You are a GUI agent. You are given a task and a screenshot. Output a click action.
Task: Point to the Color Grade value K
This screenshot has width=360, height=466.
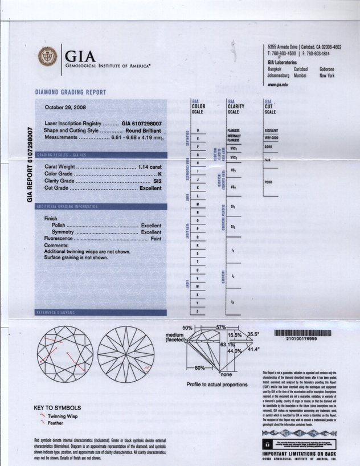coord(161,173)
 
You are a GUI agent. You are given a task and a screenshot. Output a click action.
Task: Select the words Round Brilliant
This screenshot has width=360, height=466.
coord(144,130)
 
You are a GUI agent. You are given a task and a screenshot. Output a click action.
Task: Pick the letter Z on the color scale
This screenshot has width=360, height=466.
coord(197,312)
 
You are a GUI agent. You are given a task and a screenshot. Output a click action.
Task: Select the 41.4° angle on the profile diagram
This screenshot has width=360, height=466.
coord(252,349)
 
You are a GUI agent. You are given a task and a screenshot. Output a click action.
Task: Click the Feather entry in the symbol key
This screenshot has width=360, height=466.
coord(56,423)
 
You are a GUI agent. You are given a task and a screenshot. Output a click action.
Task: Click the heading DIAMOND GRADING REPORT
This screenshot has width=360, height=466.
coord(71,92)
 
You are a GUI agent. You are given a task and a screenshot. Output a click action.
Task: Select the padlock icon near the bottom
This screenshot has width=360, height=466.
coord(265,442)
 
